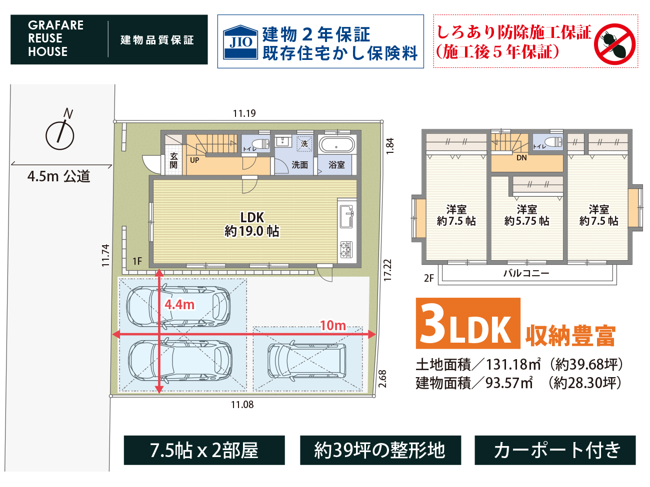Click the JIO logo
coord(240,42)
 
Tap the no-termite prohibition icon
coord(614,44)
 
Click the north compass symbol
coord(60,132)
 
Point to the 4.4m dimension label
coord(179,304)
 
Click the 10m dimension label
coord(333,326)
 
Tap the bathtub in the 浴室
coord(337,145)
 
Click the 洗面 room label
coord(299,165)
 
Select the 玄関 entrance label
coord(173,160)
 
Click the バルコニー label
coord(526,273)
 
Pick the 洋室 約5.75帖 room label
coord(526,215)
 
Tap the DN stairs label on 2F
coord(521,158)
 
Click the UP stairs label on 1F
coord(194,160)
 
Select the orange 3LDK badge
coord(467,324)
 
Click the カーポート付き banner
coord(555,450)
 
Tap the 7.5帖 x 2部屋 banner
coord(204,450)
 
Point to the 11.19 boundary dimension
coord(244,113)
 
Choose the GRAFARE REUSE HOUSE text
coord(55,39)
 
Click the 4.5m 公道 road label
coord(59,176)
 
